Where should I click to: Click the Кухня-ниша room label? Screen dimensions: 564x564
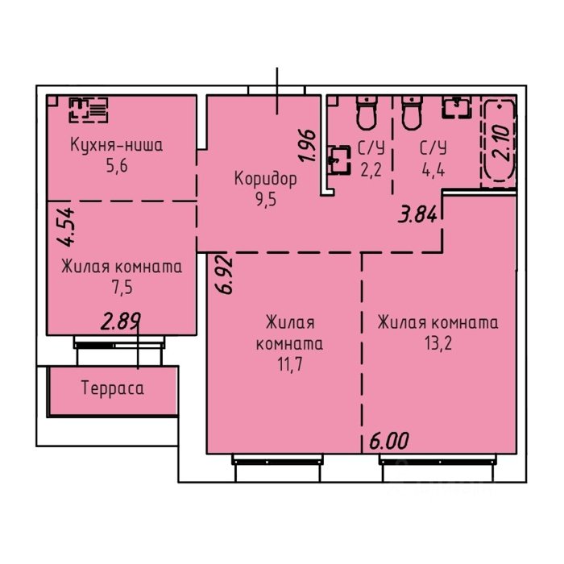[117, 145]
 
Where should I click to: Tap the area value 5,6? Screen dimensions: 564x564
[117, 166]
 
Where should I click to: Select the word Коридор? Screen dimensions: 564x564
[266, 179]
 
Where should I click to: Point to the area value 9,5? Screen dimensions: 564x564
[266, 199]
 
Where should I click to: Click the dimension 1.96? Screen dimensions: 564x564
[308, 145]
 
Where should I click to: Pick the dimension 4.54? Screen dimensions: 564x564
[67, 227]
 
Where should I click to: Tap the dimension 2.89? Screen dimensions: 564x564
[121, 321]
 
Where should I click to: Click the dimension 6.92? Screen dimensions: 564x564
[225, 276]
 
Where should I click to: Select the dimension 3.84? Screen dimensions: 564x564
[417, 215]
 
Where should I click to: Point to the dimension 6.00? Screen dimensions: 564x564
[389, 442]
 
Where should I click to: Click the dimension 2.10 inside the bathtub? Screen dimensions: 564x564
[500, 143]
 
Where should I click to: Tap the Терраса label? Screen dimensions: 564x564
[113, 388]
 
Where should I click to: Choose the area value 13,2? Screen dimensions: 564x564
[438, 343]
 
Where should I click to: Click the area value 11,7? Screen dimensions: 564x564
[290, 365]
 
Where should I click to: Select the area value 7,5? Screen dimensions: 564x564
[122, 288]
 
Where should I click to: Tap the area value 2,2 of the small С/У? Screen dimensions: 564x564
[371, 169]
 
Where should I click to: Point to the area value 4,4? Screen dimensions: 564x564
[433, 169]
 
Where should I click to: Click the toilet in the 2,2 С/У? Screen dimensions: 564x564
[366, 112]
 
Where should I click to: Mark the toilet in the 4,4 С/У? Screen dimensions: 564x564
[412, 112]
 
